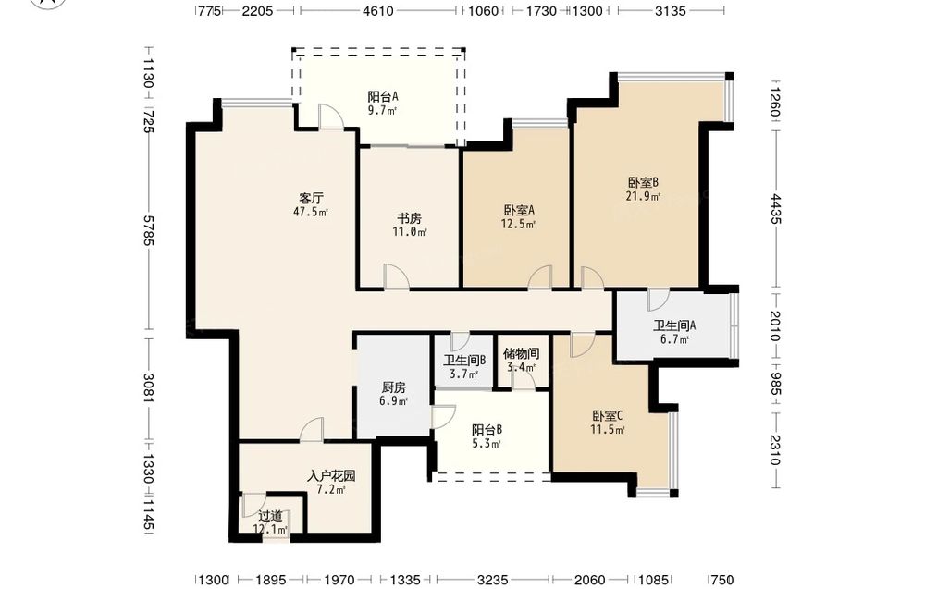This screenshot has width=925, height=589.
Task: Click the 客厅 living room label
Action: point(311,198)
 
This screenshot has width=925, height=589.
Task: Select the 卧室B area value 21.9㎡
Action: point(643,196)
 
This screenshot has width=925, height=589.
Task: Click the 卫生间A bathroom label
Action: point(674,325)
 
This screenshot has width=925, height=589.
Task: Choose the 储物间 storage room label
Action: point(521,354)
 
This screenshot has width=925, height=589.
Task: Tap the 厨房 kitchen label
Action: point(393,388)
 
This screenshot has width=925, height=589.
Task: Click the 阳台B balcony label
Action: point(487,430)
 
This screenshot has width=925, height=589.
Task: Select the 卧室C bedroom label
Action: point(608,416)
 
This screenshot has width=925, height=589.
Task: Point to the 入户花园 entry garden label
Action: point(331,476)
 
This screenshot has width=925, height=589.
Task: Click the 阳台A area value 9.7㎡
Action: point(382,110)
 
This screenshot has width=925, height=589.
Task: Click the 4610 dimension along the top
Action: point(377,10)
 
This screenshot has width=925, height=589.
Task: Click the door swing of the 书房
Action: point(396,276)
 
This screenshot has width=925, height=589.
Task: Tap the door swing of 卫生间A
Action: point(659,300)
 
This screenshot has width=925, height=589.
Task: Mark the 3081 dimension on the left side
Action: point(147,388)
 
